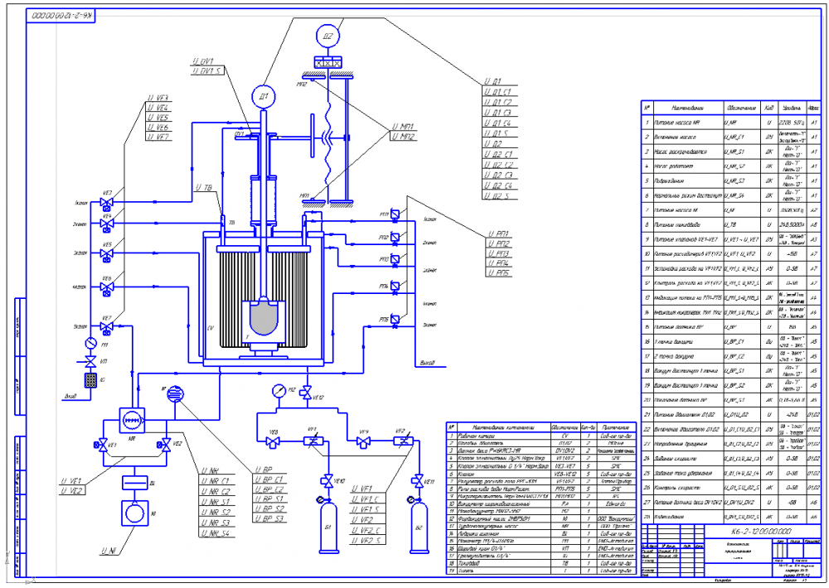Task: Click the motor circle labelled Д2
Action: coord(329,36)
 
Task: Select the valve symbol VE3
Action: coord(107,203)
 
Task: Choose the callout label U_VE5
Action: coord(158,118)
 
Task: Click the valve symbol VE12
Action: coord(306,392)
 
